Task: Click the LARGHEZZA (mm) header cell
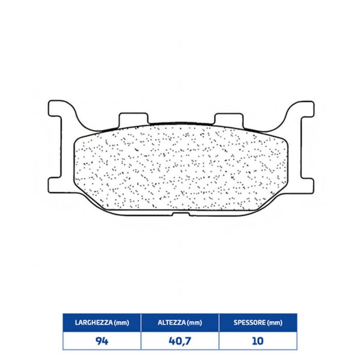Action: tap(102, 322)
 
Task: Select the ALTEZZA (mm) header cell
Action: tap(180, 322)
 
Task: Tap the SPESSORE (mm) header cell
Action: tap(258, 322)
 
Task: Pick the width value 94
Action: tap(102, 341)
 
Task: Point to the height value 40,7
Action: tap(180, 341)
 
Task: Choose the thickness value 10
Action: tap(258, 341)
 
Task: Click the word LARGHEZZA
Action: tap(94, 322)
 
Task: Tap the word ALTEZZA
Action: tap(171, 322)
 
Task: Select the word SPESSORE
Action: tap(250, 322)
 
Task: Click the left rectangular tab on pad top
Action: tap(133, 119)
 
